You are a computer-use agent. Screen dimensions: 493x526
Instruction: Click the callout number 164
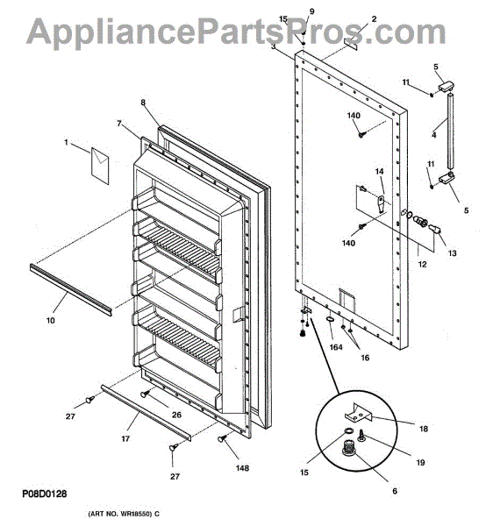coord(336,347)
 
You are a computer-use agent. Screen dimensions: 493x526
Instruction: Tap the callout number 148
coord(242,468)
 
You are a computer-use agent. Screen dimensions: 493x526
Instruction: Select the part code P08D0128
coord(45,494)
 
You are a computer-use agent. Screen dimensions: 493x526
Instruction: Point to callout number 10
coord(50,320)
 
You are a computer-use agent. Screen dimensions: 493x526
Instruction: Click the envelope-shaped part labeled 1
coord(100,166)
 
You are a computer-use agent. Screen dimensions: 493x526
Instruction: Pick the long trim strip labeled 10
coord(71,290)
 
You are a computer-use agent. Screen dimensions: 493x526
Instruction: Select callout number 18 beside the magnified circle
coord(424,429)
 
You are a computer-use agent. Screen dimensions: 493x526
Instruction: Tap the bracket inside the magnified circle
coord(359,413)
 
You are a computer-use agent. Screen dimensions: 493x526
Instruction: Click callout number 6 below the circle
coord(395,491)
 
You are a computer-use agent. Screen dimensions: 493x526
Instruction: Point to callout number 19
coord(420,463)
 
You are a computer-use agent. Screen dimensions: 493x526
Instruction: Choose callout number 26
coord(176,415)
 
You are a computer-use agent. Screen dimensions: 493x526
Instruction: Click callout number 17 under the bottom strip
coord(125,438)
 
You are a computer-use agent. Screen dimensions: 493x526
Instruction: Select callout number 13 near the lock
coord(453,253)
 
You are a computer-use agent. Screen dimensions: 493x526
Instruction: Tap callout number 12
coord(422,265)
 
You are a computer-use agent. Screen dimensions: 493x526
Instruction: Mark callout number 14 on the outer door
coord(379,172)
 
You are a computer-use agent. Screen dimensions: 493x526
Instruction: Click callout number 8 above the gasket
coord(143,103)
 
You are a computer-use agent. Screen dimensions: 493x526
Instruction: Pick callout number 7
coord(119,124)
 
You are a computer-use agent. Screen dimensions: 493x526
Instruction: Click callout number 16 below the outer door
coord(365,358)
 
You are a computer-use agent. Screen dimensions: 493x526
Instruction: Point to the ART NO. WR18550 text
coord(124,514)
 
